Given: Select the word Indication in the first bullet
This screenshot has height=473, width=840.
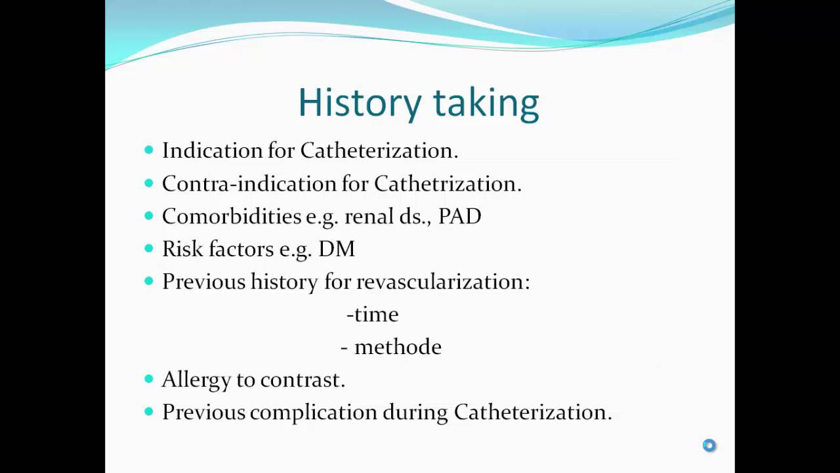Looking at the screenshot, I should pos(212,150).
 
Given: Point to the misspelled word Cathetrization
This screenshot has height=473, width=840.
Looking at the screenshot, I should pos(447,183).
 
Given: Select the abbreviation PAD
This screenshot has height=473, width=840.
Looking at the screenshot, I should pos(459,216).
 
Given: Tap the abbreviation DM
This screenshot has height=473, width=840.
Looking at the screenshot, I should pos(337,249).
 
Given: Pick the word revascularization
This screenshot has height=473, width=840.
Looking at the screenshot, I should pos(442,282).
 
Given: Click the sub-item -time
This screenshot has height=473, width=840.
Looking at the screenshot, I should pos(372,315).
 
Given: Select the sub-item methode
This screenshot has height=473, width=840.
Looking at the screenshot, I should pos(398,347).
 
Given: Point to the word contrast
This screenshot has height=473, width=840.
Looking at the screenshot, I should pos(302,380).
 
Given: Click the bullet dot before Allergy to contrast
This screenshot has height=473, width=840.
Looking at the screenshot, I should pos(148,379).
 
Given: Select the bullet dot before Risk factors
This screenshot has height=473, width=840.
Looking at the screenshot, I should pos(148,248).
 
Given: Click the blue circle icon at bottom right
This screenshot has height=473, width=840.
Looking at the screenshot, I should pos(709,445).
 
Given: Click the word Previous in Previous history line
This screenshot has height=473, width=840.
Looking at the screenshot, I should pos(203,282).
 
